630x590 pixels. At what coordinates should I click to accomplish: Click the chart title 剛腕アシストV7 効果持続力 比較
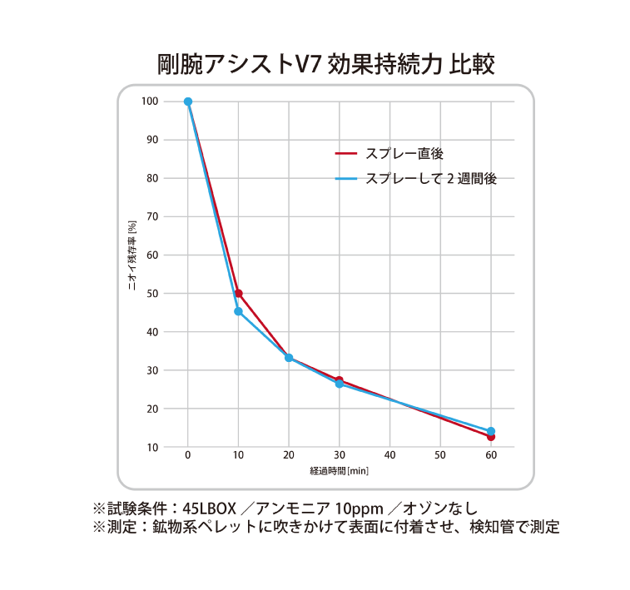click(325, 65)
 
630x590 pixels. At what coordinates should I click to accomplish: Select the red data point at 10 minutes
click(239, 293)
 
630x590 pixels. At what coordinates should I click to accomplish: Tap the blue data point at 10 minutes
click(239, 311)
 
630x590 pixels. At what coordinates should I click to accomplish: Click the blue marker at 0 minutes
click(188, 102)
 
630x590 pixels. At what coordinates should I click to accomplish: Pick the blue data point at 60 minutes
click(491, 431)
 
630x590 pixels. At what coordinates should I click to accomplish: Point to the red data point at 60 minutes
click(491, 438)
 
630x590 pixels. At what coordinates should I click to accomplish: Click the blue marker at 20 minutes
click(289, 358)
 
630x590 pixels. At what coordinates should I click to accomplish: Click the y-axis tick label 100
click(150, 102)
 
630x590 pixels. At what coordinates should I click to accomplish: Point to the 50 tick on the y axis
click(152, 294)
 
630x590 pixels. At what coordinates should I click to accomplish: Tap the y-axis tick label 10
click(152, 447)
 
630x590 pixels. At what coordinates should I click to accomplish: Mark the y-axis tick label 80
click(152, 178)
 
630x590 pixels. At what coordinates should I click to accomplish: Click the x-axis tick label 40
click(389, 456)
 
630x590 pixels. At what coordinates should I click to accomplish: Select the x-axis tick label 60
click(491, 456)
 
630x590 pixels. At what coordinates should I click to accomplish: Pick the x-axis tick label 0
click(188, 456)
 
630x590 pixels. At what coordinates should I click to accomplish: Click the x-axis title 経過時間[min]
click(339, 471)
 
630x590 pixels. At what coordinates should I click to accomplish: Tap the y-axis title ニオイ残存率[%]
click(131, 255)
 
